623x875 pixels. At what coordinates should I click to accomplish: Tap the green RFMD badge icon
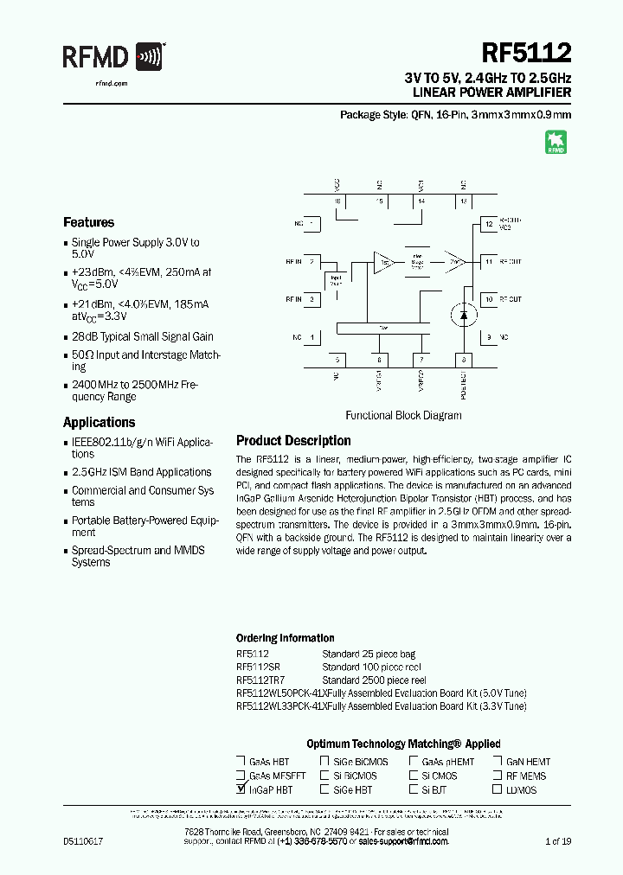555,143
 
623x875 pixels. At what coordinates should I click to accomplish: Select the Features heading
88,222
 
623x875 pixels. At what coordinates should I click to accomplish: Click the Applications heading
99,422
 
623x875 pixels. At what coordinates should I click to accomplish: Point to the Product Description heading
293,440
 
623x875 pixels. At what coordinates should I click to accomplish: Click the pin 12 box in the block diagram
489,225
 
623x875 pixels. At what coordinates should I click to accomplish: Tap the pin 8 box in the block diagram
464,360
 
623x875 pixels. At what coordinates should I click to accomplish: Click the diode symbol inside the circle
463,316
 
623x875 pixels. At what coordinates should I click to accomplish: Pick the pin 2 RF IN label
293,260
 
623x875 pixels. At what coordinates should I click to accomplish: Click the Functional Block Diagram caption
403,415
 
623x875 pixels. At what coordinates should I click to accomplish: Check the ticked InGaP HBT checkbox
241,789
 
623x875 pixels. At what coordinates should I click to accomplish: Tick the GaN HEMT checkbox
498,762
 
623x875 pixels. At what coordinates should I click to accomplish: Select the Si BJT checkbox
414,789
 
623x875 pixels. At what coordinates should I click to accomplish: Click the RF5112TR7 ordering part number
260,680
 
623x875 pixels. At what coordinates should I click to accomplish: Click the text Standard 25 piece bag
368,655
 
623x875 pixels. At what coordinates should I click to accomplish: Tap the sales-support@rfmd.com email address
403,840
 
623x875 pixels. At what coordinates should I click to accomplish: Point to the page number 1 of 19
558,840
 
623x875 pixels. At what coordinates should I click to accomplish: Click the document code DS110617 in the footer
83,840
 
